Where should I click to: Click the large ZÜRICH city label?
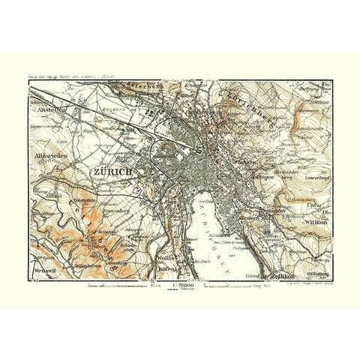pos(113,172)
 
